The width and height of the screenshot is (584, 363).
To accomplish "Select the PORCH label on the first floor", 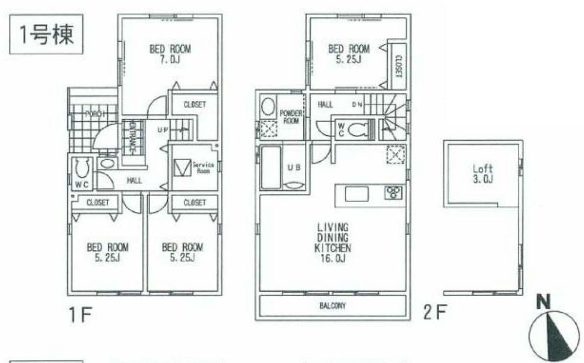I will [94, 114].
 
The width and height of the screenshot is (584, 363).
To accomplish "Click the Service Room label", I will [203, 168].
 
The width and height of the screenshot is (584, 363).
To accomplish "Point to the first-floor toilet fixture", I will [82, 169].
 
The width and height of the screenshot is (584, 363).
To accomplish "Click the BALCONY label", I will [331, 305].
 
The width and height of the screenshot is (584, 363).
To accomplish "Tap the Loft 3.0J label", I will [483, 174].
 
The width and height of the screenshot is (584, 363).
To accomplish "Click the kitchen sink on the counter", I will [355, 194].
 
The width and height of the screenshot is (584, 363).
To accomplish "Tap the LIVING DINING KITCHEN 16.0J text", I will [333, 242].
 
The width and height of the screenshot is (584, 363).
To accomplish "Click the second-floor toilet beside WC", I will [359, 129].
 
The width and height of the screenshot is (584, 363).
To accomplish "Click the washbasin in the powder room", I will [267, 107].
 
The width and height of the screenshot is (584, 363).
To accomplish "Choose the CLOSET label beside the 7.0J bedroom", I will [194, 105].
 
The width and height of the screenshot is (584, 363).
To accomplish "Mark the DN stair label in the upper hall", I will [358, 105].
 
